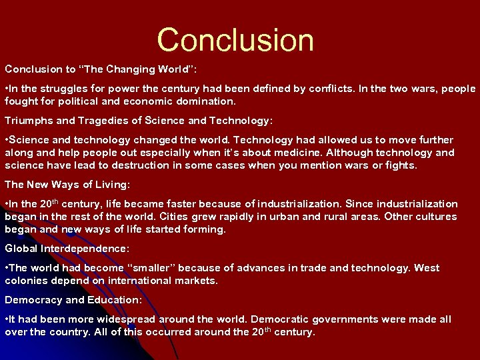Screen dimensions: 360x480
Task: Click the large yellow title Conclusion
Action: pyautogui.click(x=235, y=40)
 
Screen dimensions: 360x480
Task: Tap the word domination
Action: pyautogui.click(x=207, y=102)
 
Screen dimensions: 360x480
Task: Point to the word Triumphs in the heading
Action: pyautogui.click(x=28, y=121)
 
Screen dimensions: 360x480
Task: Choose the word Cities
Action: pyautogui.click(x=175, y=217)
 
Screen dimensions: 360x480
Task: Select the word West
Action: pyautogui.click(x=427, y=268)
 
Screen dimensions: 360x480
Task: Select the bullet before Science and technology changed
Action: pyautogui.click(x=7, y=140)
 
